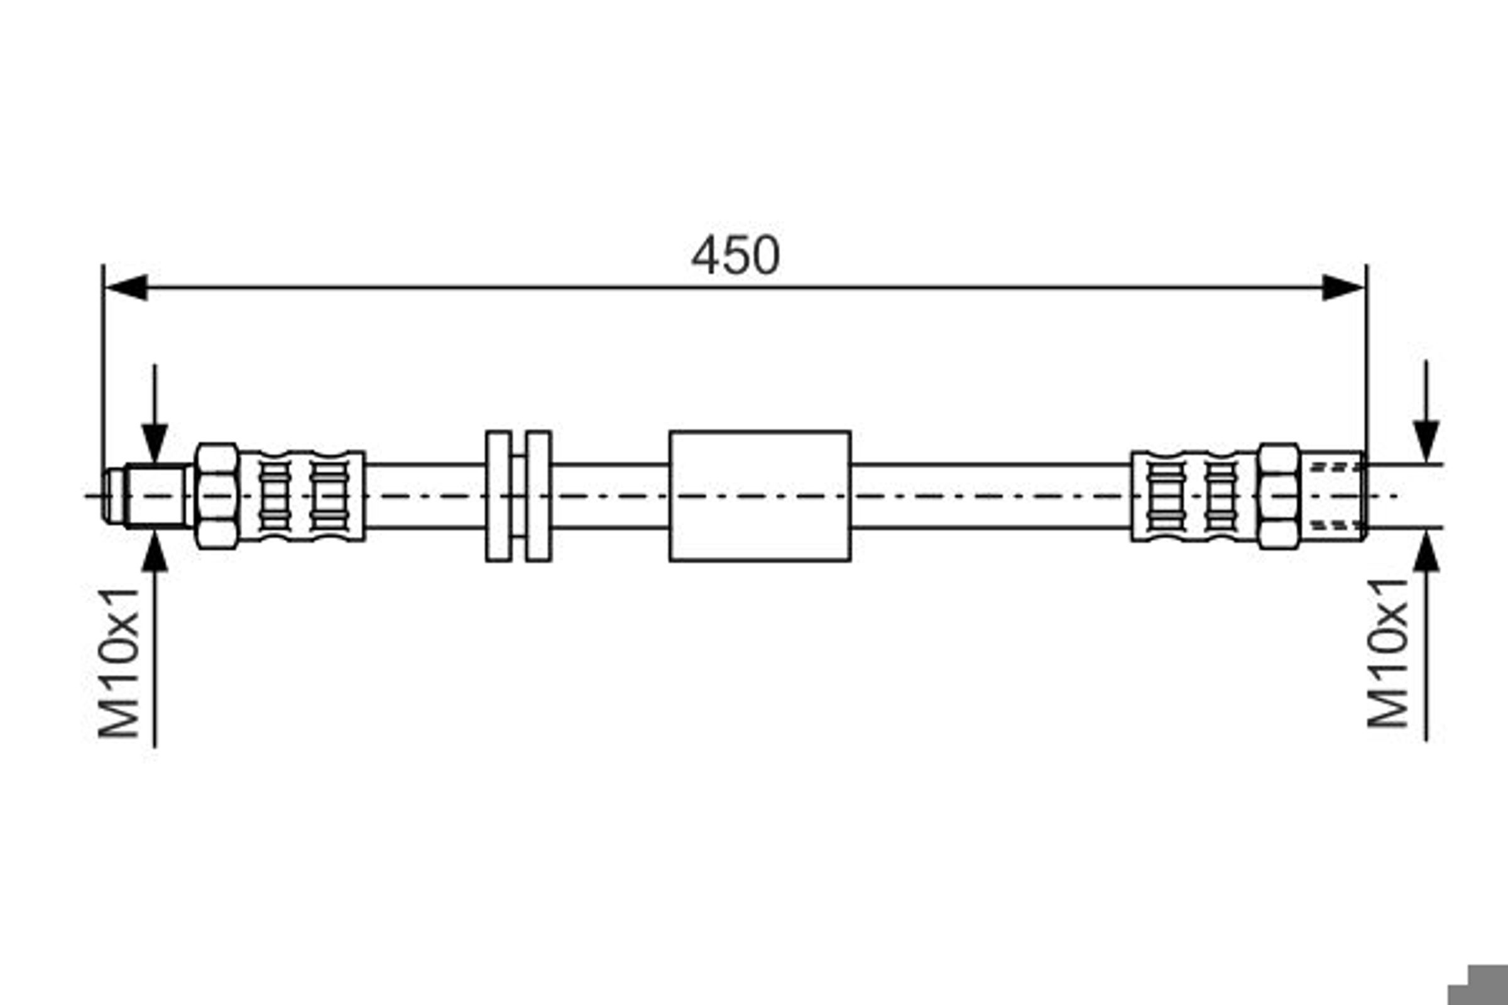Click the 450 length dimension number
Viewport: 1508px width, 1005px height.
click(735, 255)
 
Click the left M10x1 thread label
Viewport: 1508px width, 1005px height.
click(119, 663)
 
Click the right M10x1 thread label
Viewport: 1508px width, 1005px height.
click(1387, 653)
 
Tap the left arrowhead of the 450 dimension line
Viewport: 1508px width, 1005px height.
click(126, 287)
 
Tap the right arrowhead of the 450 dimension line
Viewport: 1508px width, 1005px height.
click(1343, 287)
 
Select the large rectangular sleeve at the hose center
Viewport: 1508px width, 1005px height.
click(760, 496)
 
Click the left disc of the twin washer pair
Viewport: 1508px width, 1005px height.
click(499, 496)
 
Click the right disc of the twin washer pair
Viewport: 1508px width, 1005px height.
click(538, 496)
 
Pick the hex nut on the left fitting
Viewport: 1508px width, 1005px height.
click(217, 496)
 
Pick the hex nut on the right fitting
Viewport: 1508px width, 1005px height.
click(1279, 496)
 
